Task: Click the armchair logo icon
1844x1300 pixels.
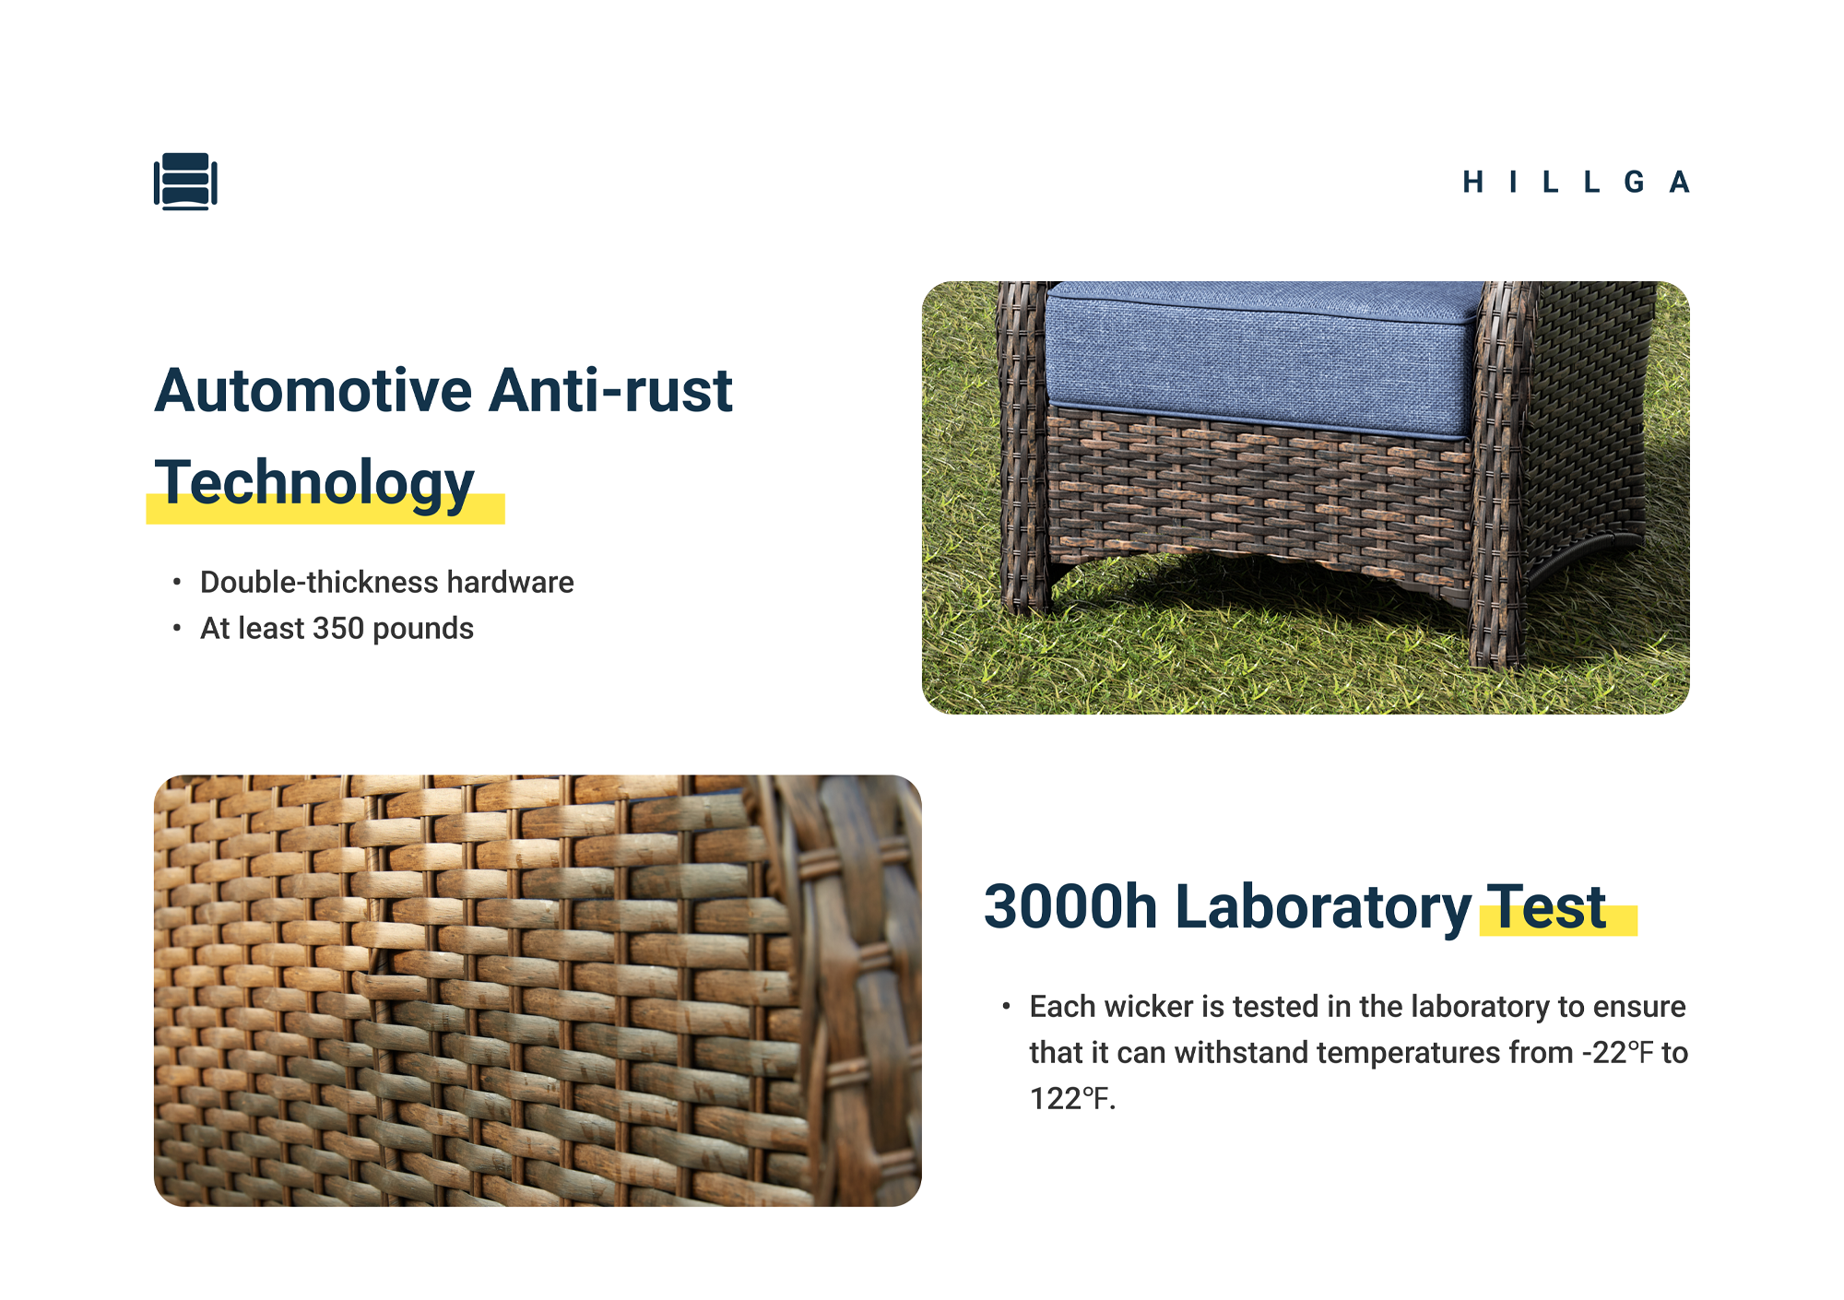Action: tap(185, 182)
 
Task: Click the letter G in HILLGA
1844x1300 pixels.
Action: tap(1634, 182)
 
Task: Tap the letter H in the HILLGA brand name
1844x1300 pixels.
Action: tap(1472, 182)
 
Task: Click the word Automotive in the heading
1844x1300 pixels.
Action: tap(313, 390)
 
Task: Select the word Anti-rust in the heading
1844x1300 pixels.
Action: tap(610, 390)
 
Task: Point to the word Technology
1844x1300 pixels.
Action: tap(313, 484)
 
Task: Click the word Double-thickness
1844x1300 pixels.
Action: tap(319, 583)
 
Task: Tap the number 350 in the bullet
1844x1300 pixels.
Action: tap(338, 629)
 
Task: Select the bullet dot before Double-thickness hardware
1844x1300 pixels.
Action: tap(177, 583)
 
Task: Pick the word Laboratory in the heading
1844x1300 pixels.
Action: tap(1323, 908)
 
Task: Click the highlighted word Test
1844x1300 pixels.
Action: tap(1547, 907)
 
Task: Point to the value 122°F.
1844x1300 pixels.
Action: tap(1072, 1099)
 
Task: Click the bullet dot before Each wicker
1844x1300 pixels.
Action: tap(1007, 1007)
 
